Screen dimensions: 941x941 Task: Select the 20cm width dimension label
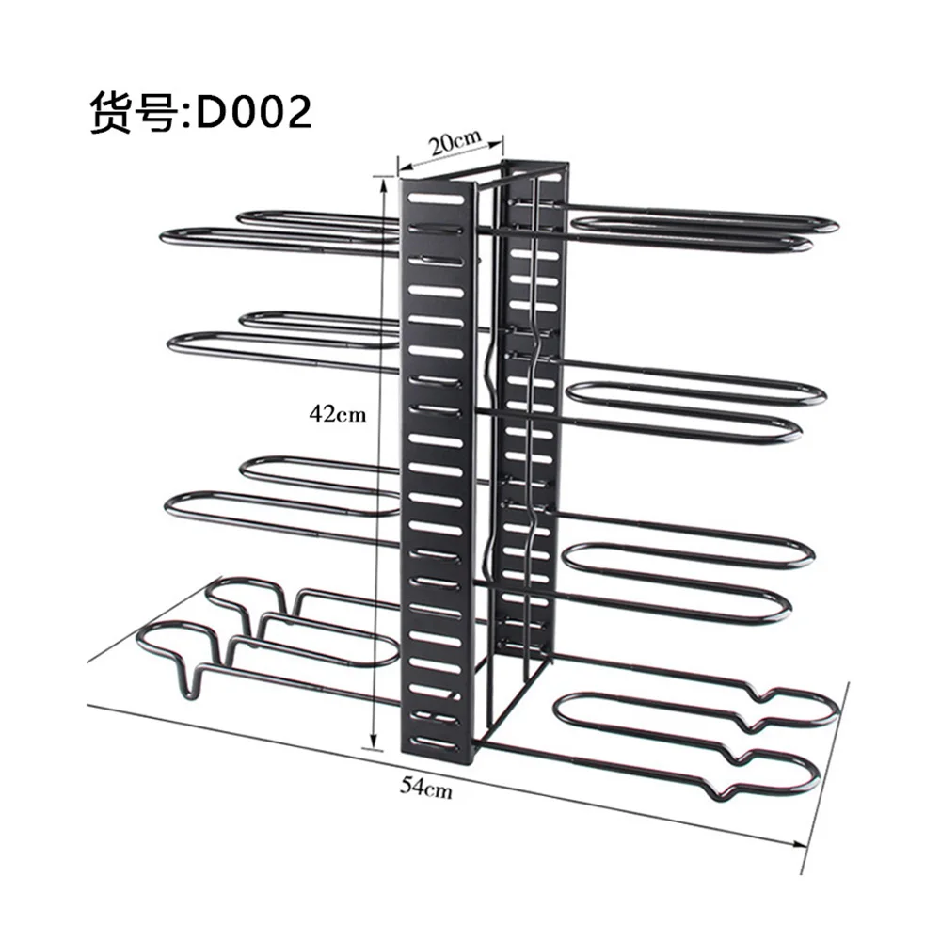(x=455, y=142)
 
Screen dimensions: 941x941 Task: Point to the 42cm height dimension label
(x=337, y=413)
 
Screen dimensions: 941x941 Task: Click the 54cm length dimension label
(x=426, y=787)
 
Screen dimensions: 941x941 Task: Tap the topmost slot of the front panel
(x=437, y=198)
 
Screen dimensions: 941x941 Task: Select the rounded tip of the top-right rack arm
(x=833, y=225)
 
